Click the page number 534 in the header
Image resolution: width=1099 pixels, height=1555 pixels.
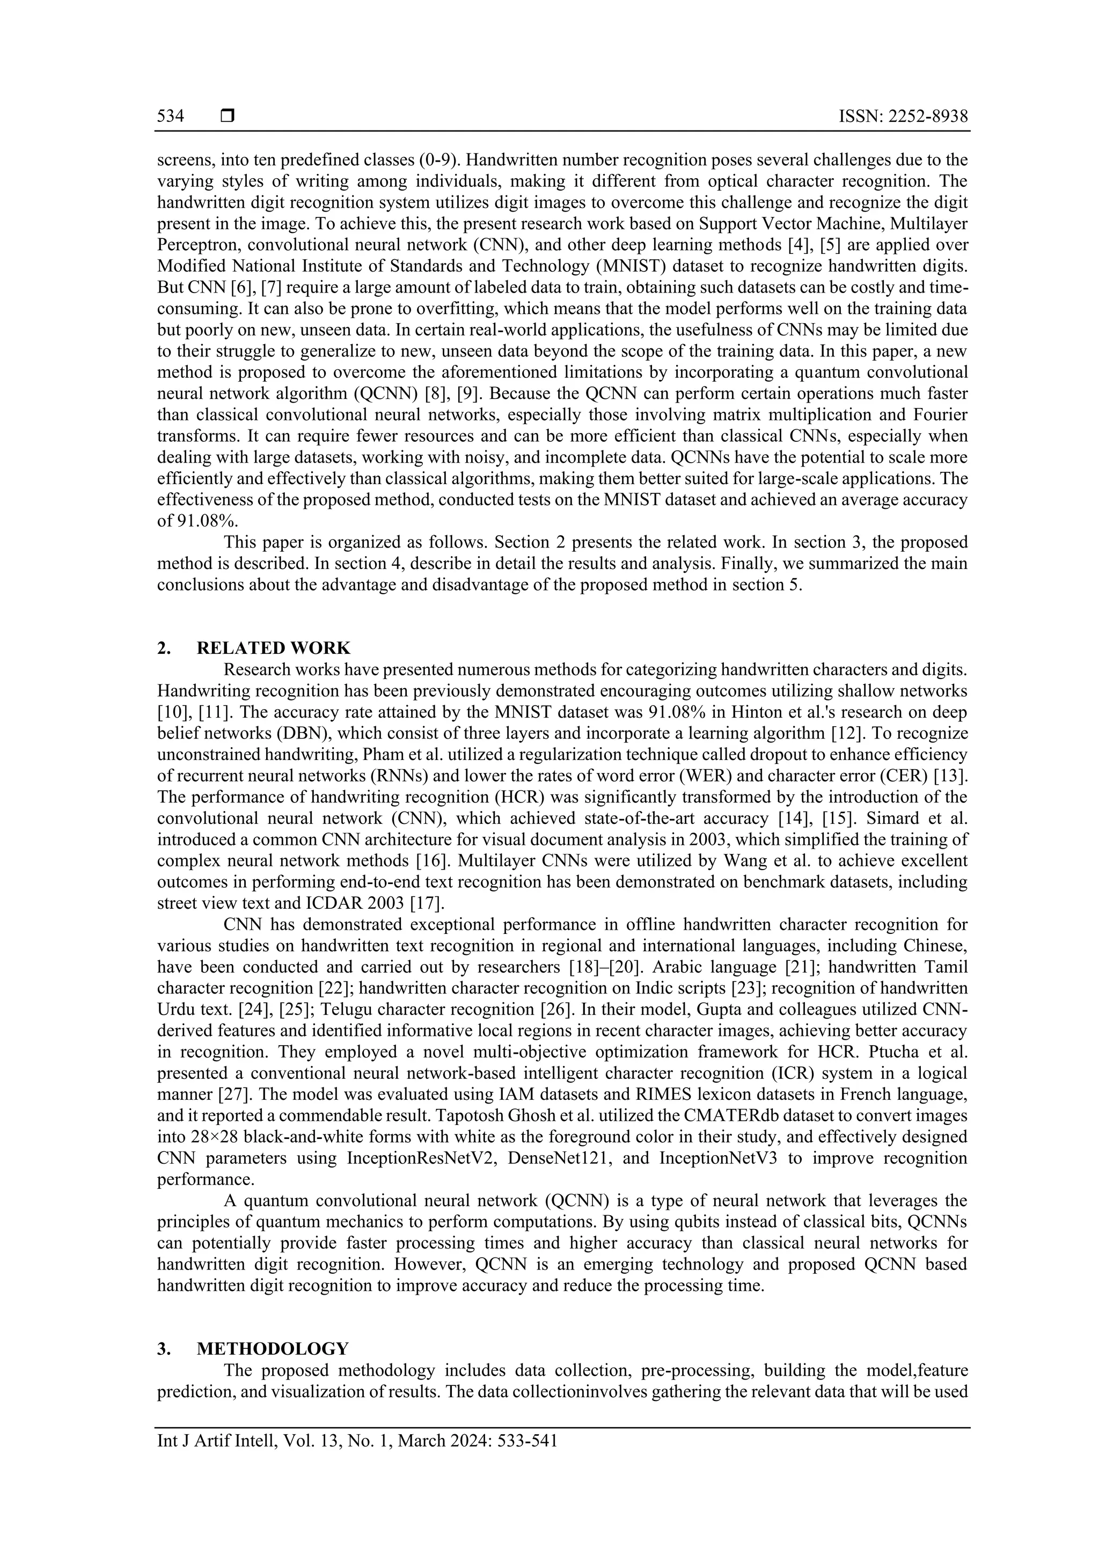click(171, 116)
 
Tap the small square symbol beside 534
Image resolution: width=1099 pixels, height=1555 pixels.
click(228, 116)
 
